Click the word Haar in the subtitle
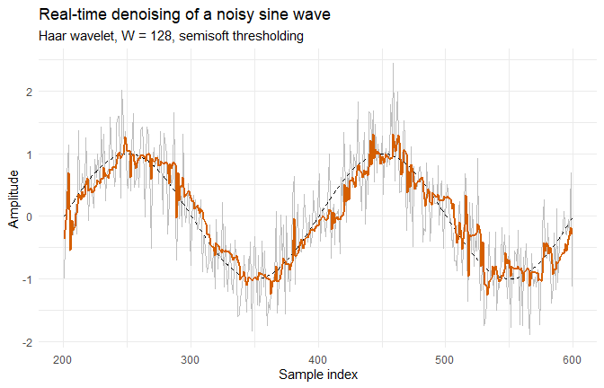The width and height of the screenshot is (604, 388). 54,36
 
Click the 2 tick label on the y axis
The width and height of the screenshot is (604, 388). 30,92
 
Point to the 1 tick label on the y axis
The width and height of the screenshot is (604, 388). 30,154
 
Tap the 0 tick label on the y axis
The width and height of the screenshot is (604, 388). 30,216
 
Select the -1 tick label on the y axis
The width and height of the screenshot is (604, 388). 28,279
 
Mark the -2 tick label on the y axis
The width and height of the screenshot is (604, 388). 28,342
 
